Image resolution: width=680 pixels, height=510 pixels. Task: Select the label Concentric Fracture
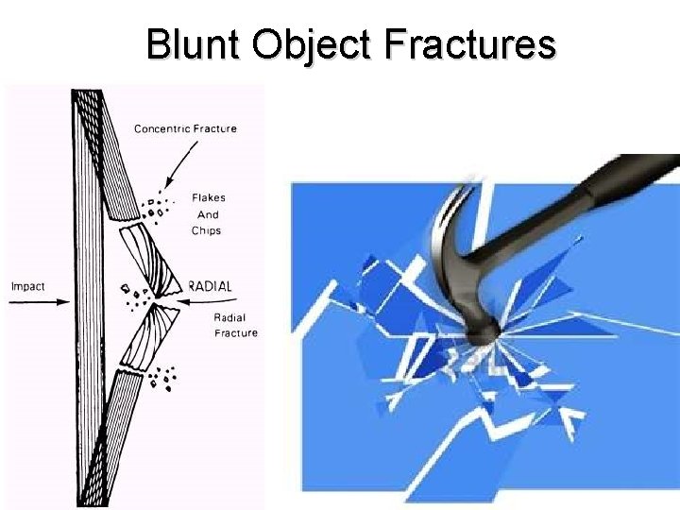pos(185,128)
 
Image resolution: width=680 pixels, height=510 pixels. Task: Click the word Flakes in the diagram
pos(208,198)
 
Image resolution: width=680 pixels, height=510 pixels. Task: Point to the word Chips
pos(206,230)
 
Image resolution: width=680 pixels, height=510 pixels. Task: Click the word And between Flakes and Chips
pos(208,214)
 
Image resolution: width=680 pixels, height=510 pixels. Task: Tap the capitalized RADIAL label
pos(209,286)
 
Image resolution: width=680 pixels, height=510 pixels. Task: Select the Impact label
pos(27,286)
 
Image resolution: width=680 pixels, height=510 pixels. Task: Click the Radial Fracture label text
pos(235,325)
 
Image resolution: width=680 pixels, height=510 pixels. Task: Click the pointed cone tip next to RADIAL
pos(179,286)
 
